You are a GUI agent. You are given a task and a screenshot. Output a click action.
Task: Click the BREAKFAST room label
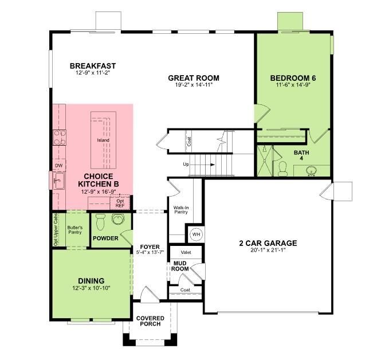coord(93,66)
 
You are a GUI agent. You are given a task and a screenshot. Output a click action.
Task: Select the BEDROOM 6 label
coord(293,78)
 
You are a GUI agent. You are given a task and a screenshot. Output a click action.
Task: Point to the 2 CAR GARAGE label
coord(268,243)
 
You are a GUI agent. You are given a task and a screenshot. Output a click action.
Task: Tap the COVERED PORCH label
coord(150,321)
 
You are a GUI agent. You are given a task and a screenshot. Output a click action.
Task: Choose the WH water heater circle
coord(195,234)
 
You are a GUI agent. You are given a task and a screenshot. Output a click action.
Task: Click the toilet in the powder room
coord(101,220)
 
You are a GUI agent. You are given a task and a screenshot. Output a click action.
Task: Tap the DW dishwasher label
coord(58,166)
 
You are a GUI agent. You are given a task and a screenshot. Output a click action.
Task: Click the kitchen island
coord(103,140)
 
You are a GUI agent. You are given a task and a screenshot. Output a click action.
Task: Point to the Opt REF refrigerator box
coord(120,203)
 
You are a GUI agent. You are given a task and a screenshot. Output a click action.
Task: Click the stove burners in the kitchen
coord(59,137)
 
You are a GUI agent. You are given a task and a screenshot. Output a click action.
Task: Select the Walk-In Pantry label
coord(181,210)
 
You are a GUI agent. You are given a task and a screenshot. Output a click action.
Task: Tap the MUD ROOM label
coord(181,266)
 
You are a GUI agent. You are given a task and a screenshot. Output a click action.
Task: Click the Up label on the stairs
coord(186,165)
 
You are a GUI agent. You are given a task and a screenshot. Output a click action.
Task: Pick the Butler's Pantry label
coord(75,230)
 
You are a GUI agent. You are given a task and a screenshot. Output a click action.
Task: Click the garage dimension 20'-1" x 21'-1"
coord(268,250)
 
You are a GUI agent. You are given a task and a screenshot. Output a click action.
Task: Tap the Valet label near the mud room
coord(186,252)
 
